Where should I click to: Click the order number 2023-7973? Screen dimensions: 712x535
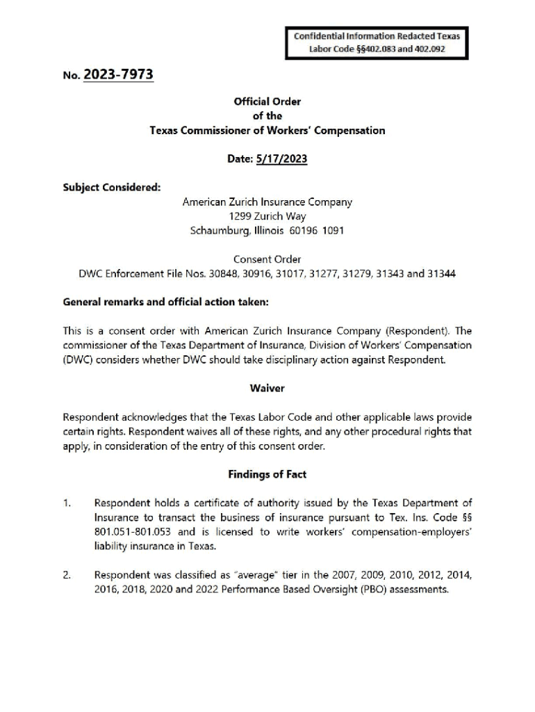(x=118, y=74)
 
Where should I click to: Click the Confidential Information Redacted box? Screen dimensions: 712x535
(x=377, y=42)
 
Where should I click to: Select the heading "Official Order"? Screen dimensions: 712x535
(x=267, y=102)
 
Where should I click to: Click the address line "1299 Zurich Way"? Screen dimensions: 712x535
(x=267, y=216)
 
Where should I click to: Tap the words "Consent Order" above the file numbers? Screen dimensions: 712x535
(x=267, y=259)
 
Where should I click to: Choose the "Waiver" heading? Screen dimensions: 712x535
(x=267, y=388)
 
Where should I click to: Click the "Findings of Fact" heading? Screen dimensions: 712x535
(x=267, y=474)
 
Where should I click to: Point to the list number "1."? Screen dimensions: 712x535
(x=67, y=503)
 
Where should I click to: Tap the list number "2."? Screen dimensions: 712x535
(x=67, y=575)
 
